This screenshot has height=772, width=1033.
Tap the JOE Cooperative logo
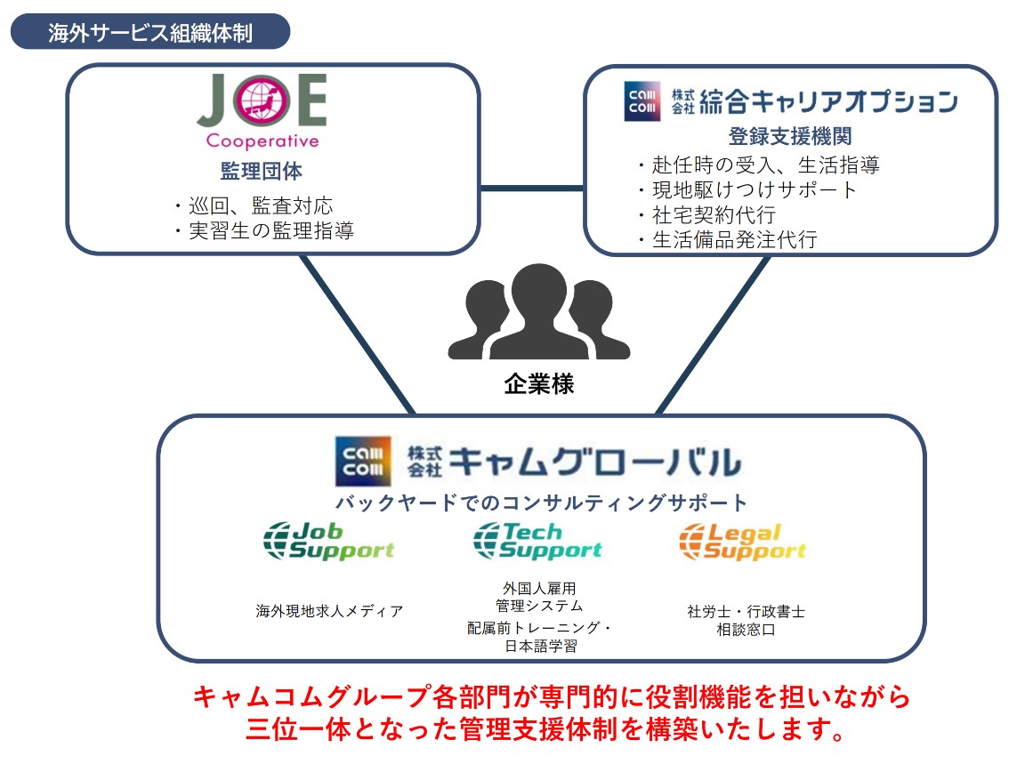[x=262, y=110]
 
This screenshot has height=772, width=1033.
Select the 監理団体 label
[x=262, y=171]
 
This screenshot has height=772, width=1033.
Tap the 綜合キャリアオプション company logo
[x=790, y=101]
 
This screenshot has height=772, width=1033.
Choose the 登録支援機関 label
[x=790, y=137]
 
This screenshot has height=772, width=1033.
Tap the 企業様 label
[x=538, y=384]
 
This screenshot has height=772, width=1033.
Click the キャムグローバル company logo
[x=537, y=459]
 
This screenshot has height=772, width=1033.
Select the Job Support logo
[x=329, y=541]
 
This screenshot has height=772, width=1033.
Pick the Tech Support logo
[x=537, y=541]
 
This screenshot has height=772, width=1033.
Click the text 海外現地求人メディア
[x=329, y=611]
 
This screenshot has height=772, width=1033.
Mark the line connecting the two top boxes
[x=531, y=189]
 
